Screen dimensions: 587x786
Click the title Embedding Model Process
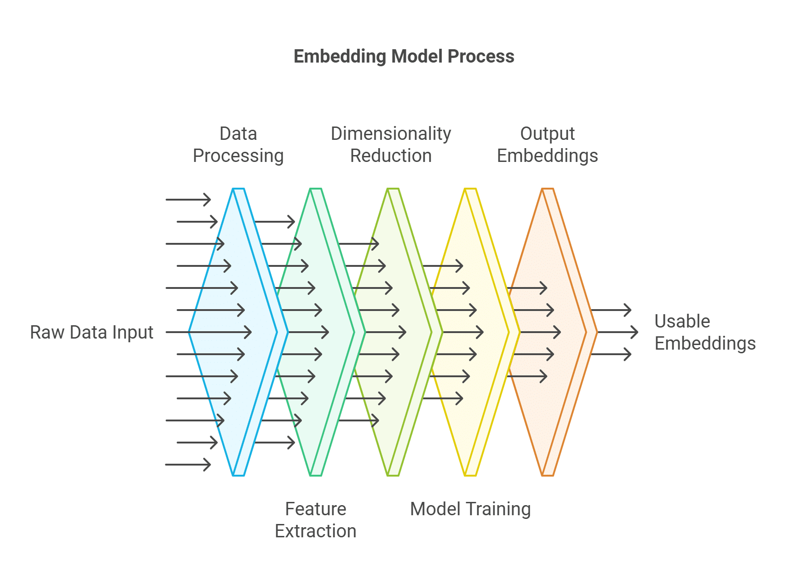[404, 57]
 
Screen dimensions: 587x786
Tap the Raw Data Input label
[92, 332]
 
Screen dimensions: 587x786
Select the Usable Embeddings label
[705, 332]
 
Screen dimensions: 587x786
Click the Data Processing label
[238, 144]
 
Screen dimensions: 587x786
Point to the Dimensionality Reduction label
[391, 144]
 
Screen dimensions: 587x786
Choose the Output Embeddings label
[547, 144]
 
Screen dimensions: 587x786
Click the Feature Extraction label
[315, 520]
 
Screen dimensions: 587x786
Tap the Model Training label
[470, 509]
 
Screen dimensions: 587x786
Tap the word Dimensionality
[391, 134]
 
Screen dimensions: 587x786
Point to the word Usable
[682, 321]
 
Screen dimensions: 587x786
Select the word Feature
[315, 509]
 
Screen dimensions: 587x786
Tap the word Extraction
[315, 531]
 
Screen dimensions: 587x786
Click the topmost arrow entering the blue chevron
[188, 200]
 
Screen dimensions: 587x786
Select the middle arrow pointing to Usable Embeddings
[617, 332]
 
